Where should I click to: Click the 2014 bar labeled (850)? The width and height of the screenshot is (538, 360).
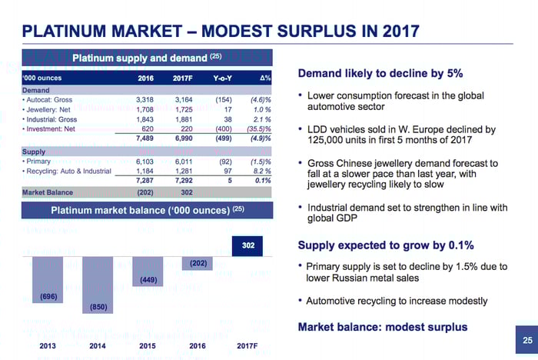pos(98,285)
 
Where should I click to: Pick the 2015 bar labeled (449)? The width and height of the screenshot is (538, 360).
pos(148,271)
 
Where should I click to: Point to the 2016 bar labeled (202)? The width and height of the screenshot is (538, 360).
pos(197,263)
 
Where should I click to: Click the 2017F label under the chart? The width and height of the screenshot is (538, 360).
pos(247,345)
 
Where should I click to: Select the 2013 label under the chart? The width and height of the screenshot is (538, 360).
pos(48,345)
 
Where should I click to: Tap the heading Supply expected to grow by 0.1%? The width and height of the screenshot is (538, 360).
pos(385,245)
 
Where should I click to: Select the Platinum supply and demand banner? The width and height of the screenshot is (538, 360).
pos(146,58)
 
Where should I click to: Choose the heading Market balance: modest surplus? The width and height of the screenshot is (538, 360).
pos(382,327)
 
